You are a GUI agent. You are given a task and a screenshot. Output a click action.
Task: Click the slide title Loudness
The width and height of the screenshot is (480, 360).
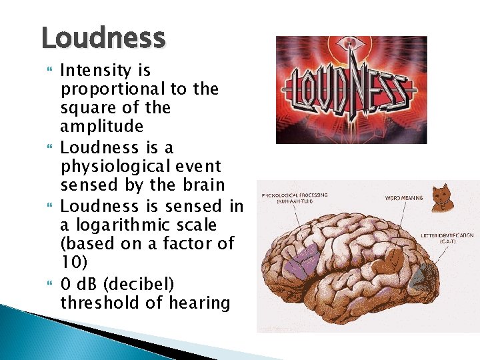coord(103,38)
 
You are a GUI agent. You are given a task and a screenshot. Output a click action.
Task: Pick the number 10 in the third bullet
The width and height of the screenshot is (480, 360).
coord(70,262)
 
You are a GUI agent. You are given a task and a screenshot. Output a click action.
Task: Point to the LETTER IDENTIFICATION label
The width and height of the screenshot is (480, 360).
coord(447,238)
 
